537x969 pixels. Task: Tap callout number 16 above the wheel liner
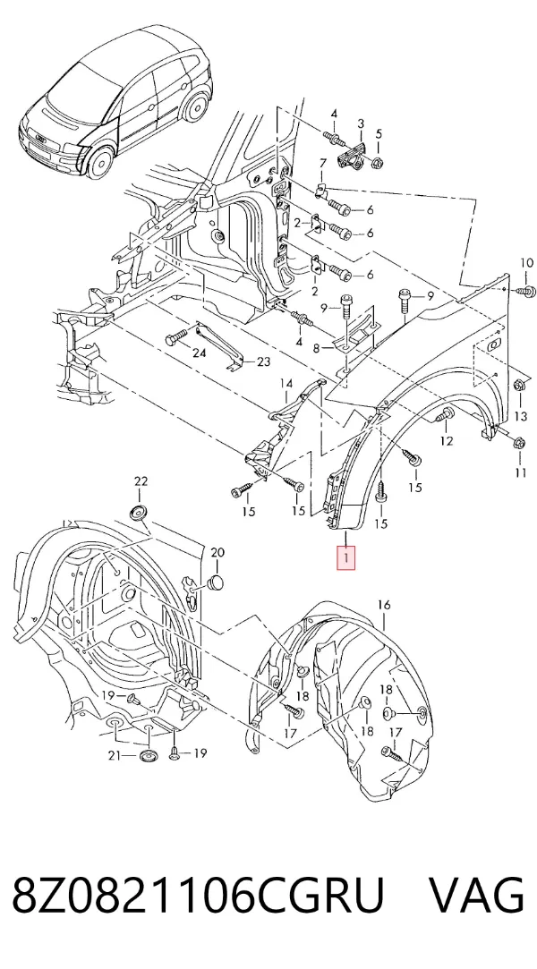(384, 605)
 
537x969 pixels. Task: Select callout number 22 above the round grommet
(141, 481)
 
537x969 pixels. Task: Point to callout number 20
(217, 552)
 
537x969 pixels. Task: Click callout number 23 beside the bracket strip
(263, 361)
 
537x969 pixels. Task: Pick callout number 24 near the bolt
(199, 353)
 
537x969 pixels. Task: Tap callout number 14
(286, 384)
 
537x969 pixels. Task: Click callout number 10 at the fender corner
(526, 263)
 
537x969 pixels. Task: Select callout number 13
(521, 417)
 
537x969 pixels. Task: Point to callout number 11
(521, 472)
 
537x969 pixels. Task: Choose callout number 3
(361, 125)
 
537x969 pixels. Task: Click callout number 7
(322, 163)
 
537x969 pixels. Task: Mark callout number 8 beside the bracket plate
(316, 349)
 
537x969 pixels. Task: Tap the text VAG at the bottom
(476, 894)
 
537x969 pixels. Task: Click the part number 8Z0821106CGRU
(198, 894)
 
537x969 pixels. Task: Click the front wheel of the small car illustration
(100, 160)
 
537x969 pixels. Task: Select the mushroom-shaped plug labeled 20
(215, 581)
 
